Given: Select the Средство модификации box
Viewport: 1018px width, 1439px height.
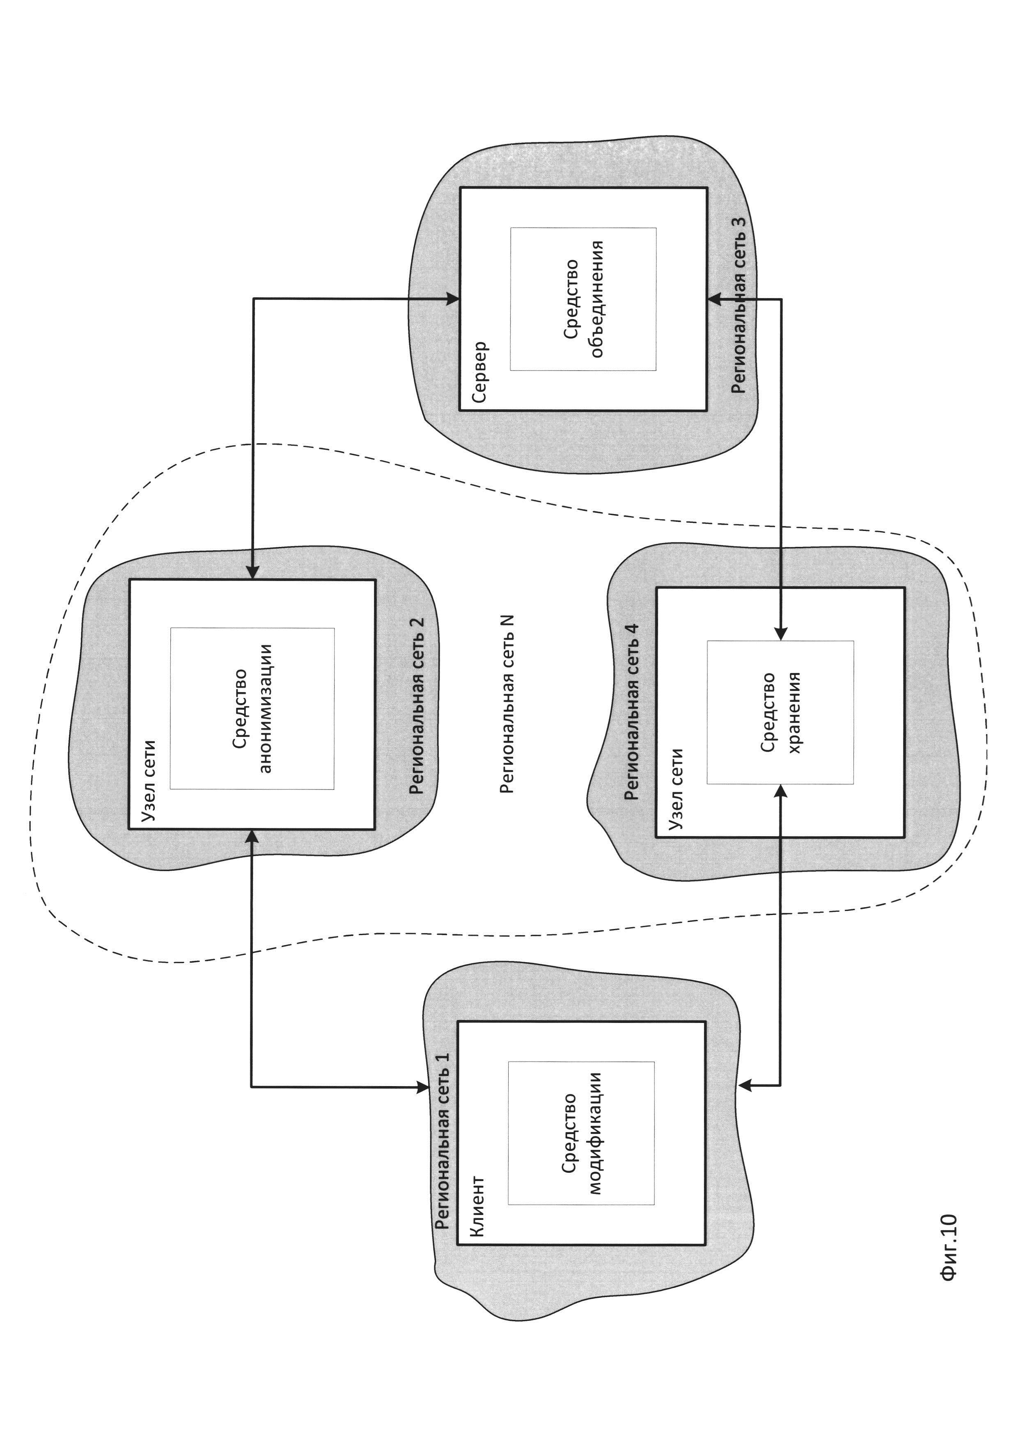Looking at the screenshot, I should (581, 1133).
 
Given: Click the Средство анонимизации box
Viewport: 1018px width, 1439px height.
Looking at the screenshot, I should (252, 708).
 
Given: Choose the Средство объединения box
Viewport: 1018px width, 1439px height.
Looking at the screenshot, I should (583, 299).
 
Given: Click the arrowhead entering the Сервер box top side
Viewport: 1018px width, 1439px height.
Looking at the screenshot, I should (452, 299).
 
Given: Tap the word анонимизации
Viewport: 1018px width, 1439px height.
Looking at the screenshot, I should (266, 708).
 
